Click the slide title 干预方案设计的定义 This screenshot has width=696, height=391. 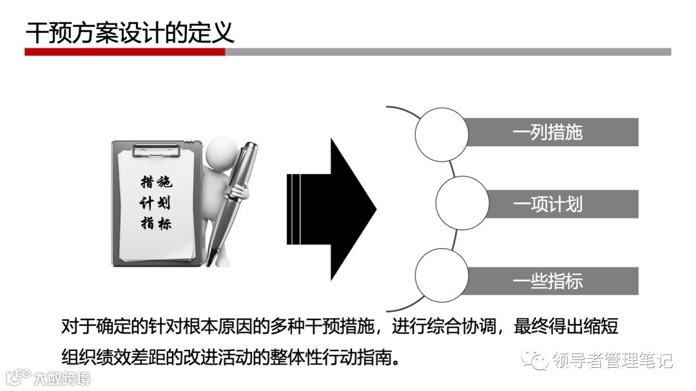[130, 32]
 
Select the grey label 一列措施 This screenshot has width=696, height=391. [548, 132]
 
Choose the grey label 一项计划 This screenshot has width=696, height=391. [548, 204]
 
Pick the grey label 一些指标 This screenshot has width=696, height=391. [548, 281]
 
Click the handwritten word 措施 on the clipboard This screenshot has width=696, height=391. [156, 182]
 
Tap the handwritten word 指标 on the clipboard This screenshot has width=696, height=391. [156, 224]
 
